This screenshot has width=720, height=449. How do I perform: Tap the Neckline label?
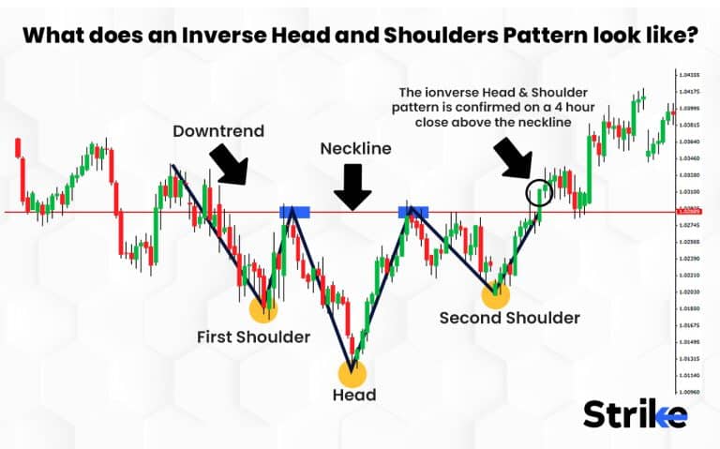355,148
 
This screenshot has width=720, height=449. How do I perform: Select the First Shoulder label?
253,336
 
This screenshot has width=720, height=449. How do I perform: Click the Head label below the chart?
353,395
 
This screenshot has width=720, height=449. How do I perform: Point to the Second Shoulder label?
509,318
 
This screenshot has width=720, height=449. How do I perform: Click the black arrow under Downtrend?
229,162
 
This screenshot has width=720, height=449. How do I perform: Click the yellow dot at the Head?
352,373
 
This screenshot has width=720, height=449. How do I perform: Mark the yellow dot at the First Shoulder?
262,310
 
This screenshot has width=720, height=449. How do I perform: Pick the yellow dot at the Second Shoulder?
495,295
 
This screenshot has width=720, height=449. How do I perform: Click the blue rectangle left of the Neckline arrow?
294,212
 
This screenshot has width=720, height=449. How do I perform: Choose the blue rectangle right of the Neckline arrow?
413,212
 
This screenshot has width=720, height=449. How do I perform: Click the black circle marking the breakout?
539,193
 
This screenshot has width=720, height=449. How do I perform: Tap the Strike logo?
635,413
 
